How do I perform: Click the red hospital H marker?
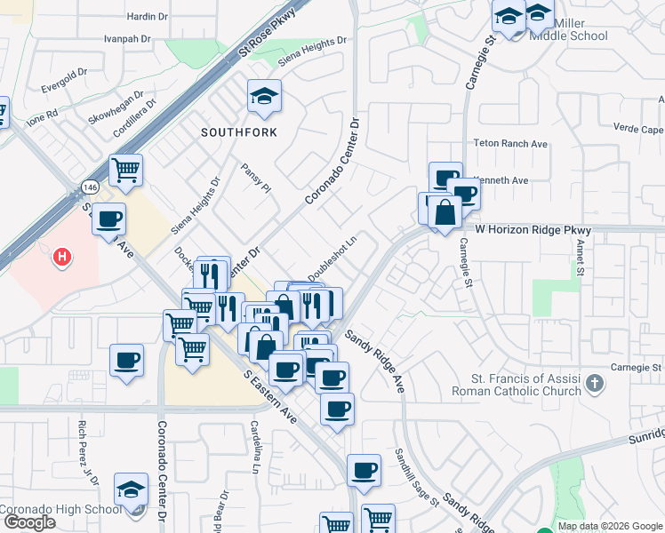[x=61, y=258]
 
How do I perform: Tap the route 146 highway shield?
[x=92, y=187]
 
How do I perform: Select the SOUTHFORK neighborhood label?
[x=238, y=132]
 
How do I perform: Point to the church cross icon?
[x=595, y=385]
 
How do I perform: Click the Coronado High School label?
[x=60, y=509]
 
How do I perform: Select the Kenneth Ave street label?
[x=503, y=180]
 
